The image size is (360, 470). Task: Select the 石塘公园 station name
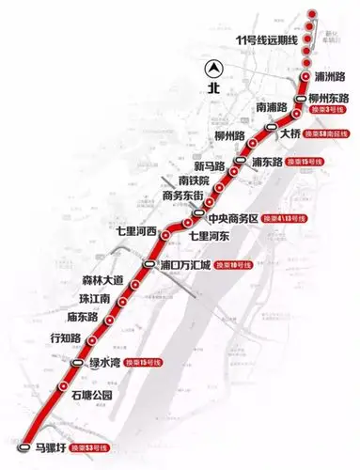[x=91, y=395]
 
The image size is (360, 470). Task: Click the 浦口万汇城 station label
[x=188, y=265]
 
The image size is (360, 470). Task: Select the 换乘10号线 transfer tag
[x=241, y=265]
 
